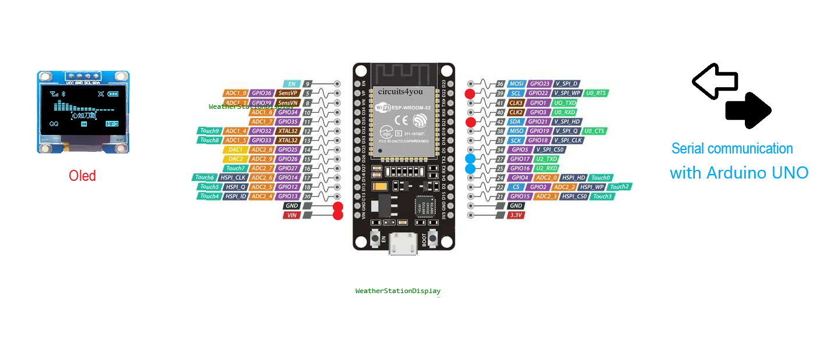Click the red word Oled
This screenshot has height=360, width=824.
tap(82, 176)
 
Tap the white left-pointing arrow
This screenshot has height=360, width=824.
tap(714, 81)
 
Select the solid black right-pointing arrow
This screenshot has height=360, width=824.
tap(749, 110)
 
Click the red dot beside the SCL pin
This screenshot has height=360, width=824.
tap(470, 94)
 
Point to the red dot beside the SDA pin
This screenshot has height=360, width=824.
tap(470, 122)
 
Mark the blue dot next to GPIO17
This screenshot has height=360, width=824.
tap(470, 159)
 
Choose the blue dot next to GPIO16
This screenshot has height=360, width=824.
tap(470, 169)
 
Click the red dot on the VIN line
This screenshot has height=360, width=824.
tap(338, 216)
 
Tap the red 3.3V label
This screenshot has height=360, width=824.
tap(516, 215)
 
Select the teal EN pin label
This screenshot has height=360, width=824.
tap(292, 84)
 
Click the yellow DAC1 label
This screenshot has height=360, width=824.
tap(236, 149)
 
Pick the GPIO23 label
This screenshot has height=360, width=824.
tap(539, 84)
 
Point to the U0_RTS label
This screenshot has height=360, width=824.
tap(596, 94)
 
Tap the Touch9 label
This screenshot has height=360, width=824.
tap(209, 131)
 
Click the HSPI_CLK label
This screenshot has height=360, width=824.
tap(232, 177)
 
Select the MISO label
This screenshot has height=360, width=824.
tap(516, 131)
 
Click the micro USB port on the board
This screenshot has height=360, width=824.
tap(403, 244)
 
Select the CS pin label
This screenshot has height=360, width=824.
tap(516, 187)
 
